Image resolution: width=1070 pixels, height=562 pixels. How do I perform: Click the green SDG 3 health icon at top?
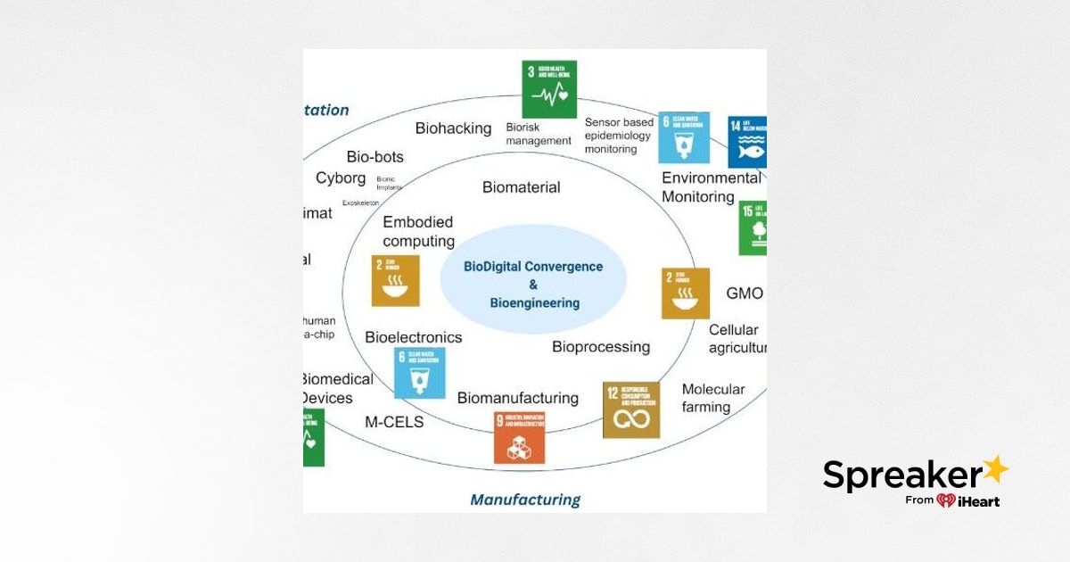[548, 89]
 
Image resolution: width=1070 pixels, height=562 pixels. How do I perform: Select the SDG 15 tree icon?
[754, 228]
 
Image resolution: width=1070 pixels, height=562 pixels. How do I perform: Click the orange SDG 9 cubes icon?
[519, 437]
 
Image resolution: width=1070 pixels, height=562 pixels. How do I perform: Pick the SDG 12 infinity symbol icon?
[631, 410]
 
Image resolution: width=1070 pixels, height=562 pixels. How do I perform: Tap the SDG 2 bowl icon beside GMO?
[685, 293]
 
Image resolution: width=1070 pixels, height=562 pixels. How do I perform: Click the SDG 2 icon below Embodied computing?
[395, 281]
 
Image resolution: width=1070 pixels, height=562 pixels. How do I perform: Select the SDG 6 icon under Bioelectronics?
[419, 373]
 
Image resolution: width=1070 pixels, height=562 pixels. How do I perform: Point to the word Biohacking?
[453, 128]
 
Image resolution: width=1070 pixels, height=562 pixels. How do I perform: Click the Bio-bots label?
[374, 157]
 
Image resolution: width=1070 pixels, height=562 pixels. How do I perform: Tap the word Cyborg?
[341, 178]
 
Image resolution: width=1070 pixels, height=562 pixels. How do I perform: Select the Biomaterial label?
[521, 187]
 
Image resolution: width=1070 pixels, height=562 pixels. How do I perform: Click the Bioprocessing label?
[600, 347]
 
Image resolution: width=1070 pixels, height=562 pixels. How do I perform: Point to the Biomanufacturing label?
[517, 398]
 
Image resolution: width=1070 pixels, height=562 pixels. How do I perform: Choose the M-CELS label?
[394, 422]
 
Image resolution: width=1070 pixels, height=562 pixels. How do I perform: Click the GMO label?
[744, 293]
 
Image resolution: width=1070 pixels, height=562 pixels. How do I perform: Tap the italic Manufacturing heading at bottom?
[524, 500]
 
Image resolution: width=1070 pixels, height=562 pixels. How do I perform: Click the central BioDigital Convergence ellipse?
[533, 285]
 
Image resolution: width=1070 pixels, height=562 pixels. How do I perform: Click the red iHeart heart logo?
[946, 501]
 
